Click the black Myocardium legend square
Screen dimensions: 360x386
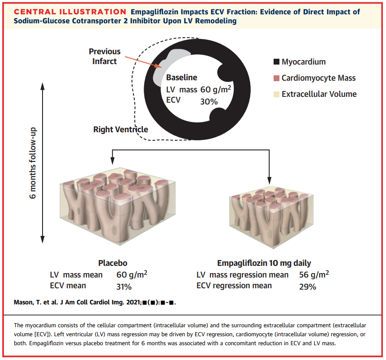click(x=276, y=62)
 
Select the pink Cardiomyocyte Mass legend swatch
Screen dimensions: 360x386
click(x=276, y=78)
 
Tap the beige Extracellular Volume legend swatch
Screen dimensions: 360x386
click(x=276, y=94)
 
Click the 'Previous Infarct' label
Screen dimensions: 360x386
click(x=104, y=56)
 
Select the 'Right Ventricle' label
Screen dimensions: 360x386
click(x=120, y=130)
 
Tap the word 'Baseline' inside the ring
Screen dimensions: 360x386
click(x=181, y=78)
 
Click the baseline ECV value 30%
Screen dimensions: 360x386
click(x=209, y=102)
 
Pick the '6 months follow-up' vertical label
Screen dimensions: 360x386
click(x=33, y=163)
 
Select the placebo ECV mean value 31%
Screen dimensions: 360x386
click(x=124, y=286)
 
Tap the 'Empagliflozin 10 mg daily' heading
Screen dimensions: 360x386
click(x=264, y=263)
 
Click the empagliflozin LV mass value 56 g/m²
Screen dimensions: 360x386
click(x=313, y=275)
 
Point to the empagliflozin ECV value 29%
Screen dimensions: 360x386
click(x=308, y=286)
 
